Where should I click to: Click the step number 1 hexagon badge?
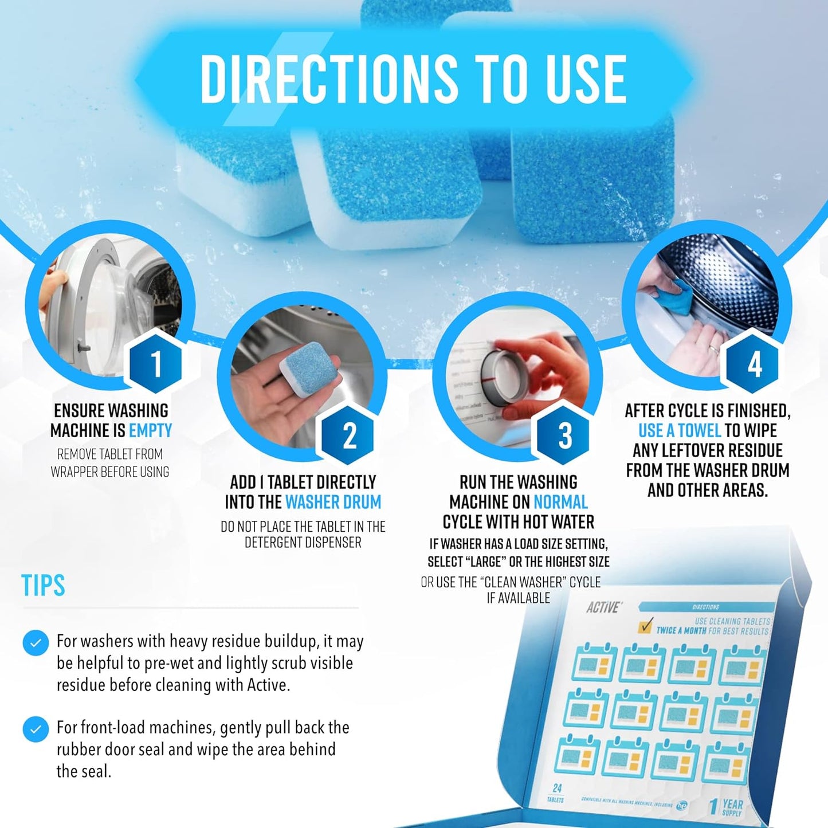(x=155, y=363)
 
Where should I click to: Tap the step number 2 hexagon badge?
(x=349, y=435)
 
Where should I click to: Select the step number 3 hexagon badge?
(x=564, y=435)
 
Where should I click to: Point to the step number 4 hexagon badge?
(x=754, y=364)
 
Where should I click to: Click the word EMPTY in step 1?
(x=150, y=430)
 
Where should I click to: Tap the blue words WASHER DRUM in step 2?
(x=333, y=502)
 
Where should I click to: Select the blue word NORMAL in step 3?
(x=560, y=502)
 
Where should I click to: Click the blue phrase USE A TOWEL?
(x=679, y=430)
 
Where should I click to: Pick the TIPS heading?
(x=43, y=585)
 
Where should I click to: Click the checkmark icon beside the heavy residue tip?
(x=36, y=643)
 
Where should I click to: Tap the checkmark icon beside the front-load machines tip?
(x=36, y=729)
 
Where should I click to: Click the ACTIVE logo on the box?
(x=603, y=607)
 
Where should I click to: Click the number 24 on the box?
(x=556, y=788)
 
